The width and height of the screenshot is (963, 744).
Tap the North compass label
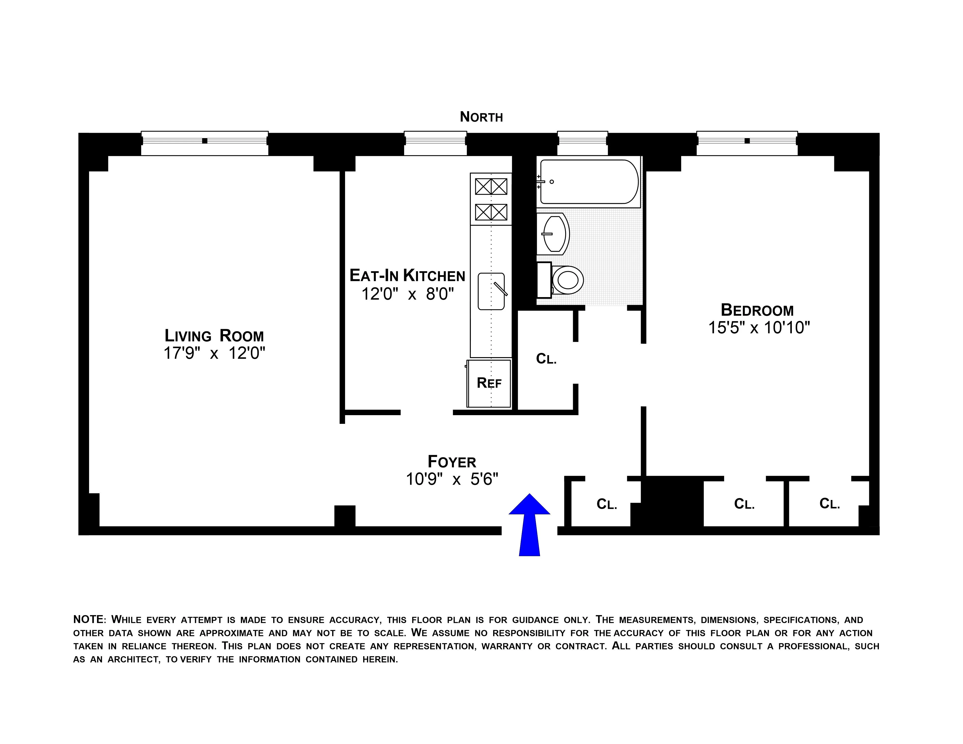[481, 117]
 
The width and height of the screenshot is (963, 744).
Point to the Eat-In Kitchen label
[407, 276]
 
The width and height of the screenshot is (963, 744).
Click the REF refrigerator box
[489, 383]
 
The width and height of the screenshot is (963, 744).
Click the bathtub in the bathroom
[589, 182]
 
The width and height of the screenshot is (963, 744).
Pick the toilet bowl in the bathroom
[568, 280]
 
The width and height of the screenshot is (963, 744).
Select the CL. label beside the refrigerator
[546, 359]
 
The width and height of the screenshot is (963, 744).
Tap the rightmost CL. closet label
[829, 504]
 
